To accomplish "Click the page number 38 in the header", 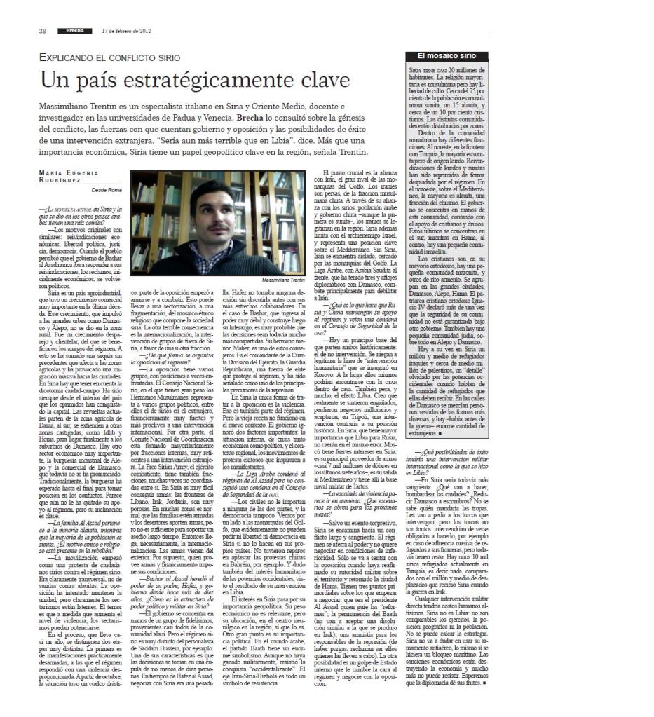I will (x=42, y=31).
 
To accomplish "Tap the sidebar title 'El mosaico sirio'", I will (x=446, y=55).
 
